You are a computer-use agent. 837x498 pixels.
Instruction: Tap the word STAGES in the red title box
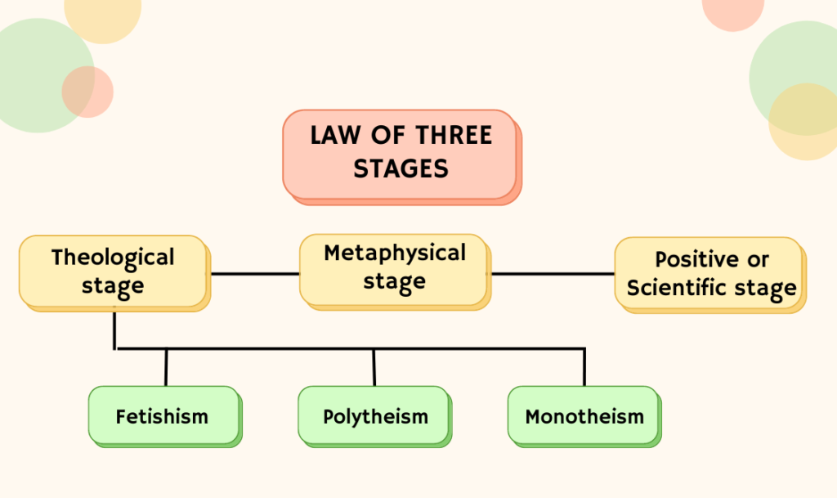(x=401, y=168)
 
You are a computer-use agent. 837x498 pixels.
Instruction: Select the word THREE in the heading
(x=452, y=135)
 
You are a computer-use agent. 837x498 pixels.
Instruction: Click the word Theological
(x=113, y=258)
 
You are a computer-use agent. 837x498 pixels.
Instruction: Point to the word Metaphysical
(x=395, y=253)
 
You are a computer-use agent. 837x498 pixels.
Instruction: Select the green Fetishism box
(x=163, y=415)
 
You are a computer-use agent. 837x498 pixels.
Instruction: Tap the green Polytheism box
(x=374, y=415)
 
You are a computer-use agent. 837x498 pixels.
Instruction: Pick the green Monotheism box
(x=584, y=415)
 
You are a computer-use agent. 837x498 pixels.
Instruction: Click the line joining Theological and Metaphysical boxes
(x=254, y=273)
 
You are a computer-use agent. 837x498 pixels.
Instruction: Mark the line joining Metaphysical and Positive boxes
(x=552, y=273)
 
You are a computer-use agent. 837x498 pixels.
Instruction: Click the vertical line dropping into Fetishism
(x=166, y=367)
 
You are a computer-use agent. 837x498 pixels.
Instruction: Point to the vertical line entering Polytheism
(x=374, y=367)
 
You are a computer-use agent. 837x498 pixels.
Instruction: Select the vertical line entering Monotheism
(x=584, y=367)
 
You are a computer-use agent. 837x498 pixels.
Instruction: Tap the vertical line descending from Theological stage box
(x=114, y=329)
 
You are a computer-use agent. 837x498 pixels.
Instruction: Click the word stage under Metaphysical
(x=395, y=281)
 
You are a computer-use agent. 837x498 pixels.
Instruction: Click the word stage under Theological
(x=113, y=286)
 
